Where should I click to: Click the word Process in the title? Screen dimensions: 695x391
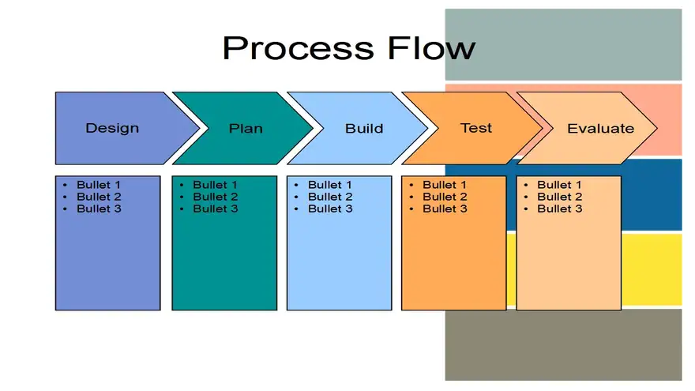click(299, 49)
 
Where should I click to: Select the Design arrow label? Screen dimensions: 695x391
click(112, 128)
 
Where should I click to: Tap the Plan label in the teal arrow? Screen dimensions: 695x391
click(246, 129)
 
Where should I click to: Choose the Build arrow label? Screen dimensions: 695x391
click(364, 129)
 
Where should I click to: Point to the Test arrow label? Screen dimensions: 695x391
click(476, 128)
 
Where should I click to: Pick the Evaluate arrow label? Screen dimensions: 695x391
click(600, 129)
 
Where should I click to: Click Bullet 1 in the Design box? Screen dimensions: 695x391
click(99, 185)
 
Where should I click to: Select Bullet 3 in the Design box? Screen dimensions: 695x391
click(99, 209)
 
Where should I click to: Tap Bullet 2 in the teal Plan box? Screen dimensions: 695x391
click(215, 197)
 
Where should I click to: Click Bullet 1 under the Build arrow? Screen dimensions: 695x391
click(330, 185)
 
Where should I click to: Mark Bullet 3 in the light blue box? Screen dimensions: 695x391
click(330, 209)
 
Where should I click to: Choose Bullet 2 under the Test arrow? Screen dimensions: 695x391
click(445, 197)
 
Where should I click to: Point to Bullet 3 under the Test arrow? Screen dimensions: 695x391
click(445, 209)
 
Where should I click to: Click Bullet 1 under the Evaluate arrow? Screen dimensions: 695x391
click(559, 185)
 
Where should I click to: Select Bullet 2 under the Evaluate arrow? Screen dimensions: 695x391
click(560, 197)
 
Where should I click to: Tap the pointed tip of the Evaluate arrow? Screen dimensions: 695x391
click(656, 128)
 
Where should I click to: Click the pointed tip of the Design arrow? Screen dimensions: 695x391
click(199, 128)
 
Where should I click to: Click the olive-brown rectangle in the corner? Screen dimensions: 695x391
click(563, 344)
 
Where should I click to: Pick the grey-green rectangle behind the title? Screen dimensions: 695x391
click(563, 44)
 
